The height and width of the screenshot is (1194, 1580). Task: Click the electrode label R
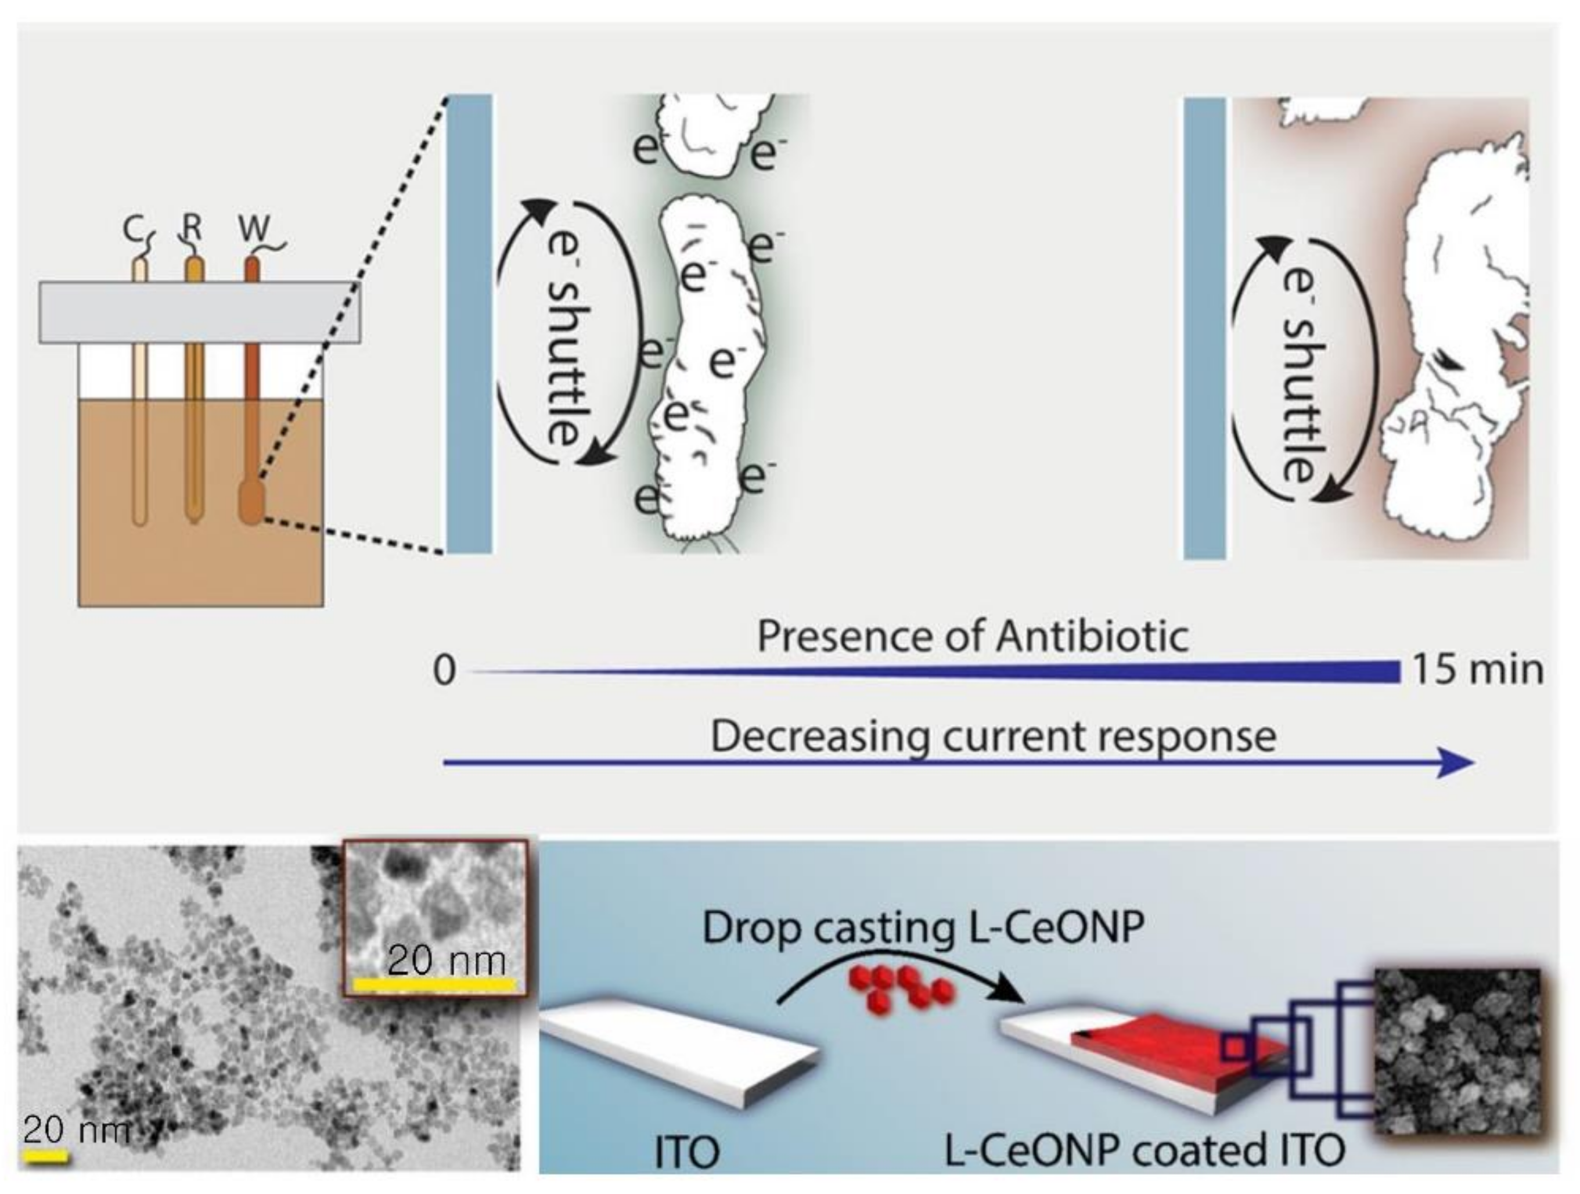[x=192, y=228]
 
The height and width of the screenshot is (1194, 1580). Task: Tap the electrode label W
[x=254, y=229]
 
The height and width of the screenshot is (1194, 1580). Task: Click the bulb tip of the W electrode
[x=251, y=503]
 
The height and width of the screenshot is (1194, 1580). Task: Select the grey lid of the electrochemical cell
[x=199, y=312]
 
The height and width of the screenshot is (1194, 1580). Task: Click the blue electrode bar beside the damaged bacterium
[x=1204, y=329]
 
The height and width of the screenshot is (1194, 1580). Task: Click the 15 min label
[x=1478, y=670]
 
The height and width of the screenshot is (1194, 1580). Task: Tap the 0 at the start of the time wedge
[x=444, y=672]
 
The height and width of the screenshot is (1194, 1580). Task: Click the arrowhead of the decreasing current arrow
[x=1457, y=763]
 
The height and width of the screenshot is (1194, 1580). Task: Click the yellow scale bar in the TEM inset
[x=434, y=984]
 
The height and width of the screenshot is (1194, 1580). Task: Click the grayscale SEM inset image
[x=1457, y=1051]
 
